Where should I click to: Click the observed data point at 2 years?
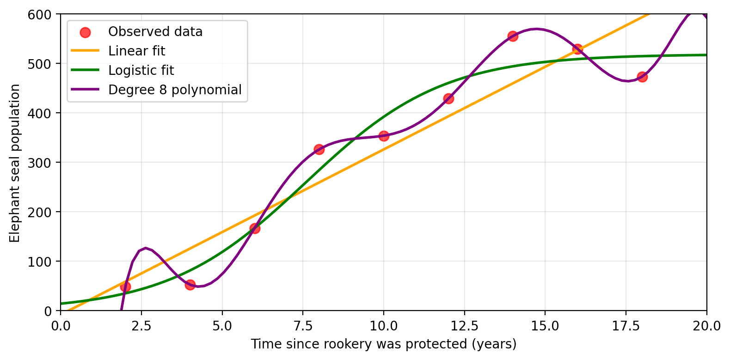[x=125, y=287]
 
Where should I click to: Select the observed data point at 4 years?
[x=190, y=285]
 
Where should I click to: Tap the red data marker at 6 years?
[x=255, y=228]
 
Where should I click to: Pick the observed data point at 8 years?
[x=319, y=149]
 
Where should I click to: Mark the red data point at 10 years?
[x=384, y=136]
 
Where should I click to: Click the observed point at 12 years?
[x=448, y=98]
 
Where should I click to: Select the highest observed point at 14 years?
[x=513, y=36]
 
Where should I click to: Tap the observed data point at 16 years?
[x=577, y=49]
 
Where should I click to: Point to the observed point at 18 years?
[x=642, y=77]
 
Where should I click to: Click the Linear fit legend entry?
[x=136, y=51]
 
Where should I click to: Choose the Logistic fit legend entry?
[x=141, y=70]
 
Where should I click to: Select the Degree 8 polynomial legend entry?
[x=174, y=90]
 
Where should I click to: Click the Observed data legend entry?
[x=155, y=31]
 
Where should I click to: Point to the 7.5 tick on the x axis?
[x=303, y=326]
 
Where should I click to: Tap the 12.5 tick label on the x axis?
[x=464, y=326]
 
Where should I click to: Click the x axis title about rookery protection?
[x=383, y=344]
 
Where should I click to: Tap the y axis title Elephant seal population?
[x=15, y=163]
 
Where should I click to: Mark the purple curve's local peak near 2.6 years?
[x=146, y=248]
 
